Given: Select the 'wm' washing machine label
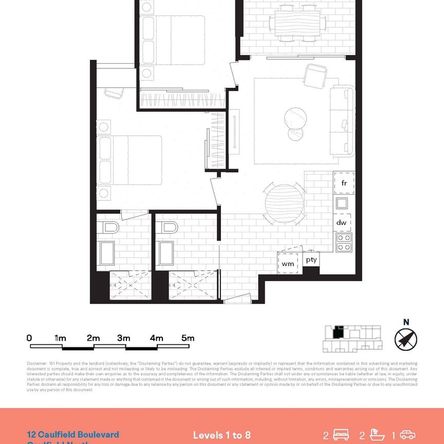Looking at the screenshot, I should [x=288, y=263].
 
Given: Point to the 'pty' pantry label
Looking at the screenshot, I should [x=312, y=260].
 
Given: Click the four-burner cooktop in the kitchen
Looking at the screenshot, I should [x=343, y=242].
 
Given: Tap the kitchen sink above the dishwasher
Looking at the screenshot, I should [x=342, y=203].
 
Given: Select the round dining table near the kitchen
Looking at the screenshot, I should [x=284, y=202].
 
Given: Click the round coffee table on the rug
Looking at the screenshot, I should [x=297, y=119].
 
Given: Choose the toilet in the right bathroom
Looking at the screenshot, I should [x=168, y=227].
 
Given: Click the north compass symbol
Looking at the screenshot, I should [x=405, y=339].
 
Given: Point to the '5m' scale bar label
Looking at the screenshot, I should [x=188, y=338].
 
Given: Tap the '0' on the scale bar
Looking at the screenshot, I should [x=29, y=338].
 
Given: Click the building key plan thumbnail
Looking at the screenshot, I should [x=351, y=339].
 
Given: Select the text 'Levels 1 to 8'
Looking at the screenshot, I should [x=222, y=435].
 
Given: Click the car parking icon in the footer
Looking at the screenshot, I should [x=407, y=435].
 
